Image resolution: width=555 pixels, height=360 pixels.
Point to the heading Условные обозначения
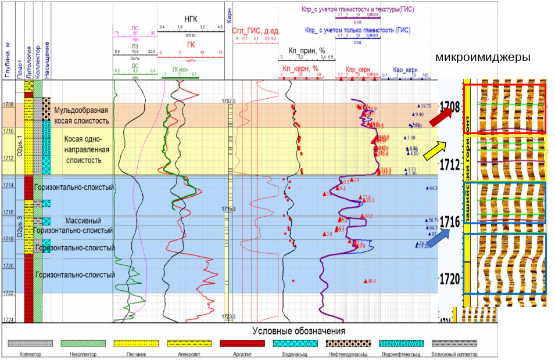tap(299, 330)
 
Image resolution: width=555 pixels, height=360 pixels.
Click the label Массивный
tap(83, 221)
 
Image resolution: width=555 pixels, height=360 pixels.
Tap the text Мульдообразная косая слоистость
tap(81, 115)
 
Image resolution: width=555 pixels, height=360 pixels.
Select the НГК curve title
tap(191, 19)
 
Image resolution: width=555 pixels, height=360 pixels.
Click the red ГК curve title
tap(191, 45)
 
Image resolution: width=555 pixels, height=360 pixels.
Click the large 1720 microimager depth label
tap(451, 278)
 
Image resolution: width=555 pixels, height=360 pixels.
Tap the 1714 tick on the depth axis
tap(9, 185)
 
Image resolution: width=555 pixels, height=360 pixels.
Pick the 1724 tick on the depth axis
tap(9, 320)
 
